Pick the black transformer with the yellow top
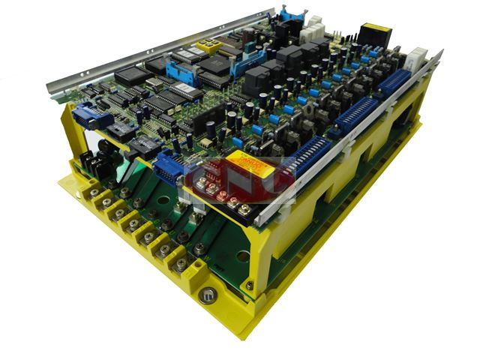376,35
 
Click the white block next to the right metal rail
416,57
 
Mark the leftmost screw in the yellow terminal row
94,193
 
